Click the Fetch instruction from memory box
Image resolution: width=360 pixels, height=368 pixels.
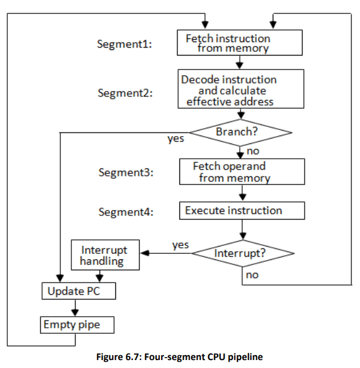click(239, 43)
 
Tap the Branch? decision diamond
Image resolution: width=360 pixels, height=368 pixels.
click(240, 132)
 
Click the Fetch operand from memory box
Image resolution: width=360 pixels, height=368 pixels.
click(242, 172)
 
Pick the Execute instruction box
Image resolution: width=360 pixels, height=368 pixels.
click(242, 211)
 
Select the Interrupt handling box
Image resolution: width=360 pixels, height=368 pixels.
click(105, 255)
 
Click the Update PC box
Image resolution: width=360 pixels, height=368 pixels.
click(73, 292)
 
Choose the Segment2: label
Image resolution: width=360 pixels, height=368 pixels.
click(125, 93)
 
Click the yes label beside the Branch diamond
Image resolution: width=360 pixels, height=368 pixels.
click(176, 139)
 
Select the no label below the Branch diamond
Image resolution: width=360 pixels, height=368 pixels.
click(253, 150)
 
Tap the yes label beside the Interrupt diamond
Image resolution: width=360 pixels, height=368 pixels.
click(181, 245)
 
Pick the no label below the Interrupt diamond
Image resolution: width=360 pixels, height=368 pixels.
click(252, 275)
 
